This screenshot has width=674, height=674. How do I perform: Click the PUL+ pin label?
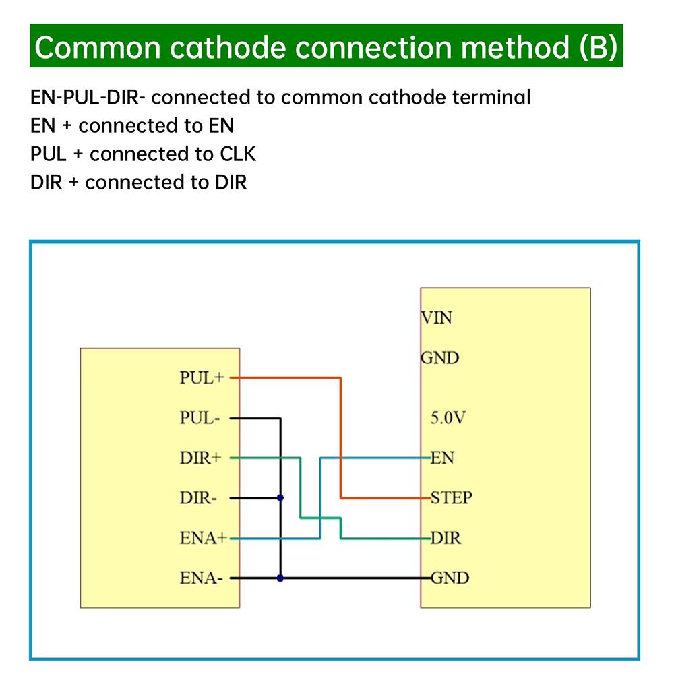(201, 378)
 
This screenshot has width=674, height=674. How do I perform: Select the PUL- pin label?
(200, 418)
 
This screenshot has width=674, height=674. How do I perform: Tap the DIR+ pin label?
(200, 458)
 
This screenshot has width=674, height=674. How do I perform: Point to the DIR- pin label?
(198, 499)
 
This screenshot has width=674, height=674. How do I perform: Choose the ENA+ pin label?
(204, 539)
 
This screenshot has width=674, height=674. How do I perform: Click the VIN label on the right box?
(437, 317)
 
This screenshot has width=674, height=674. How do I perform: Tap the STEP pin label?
(452, 498)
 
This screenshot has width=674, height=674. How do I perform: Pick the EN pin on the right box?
(442, 458)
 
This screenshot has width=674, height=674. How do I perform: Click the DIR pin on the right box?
(446, 539)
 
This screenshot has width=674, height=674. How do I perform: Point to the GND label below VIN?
(439, 358)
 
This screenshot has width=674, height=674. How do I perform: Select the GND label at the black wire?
(450, 578)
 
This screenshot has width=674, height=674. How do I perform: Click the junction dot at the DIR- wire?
(280, 498)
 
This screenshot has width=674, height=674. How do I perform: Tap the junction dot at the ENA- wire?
(280, 578)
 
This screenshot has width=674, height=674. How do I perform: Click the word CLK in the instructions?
(238, 154)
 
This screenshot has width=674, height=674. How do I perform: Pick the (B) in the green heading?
(597, 47)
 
